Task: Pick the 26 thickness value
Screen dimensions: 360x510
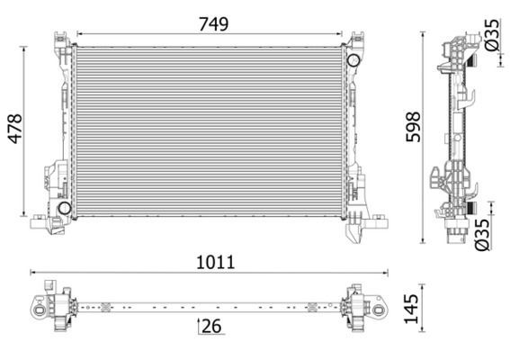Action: (x=211, y=328)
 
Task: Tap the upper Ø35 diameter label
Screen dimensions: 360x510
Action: (x=491, y=35)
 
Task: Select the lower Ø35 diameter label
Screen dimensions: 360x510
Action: (x=483, y=232)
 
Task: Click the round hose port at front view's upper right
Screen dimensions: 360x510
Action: (x=353, y=60)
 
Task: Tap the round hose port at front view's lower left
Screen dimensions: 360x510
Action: (x=64, y=209)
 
